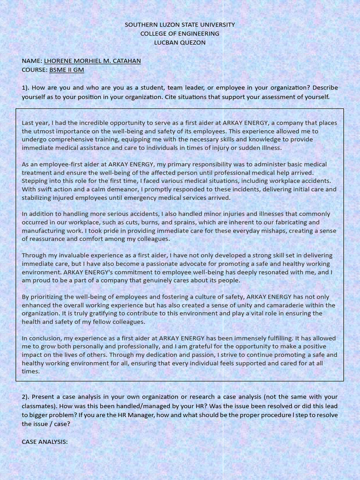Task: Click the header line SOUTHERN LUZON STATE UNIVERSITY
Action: pos(180,24)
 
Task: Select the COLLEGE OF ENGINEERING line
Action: pos(180,33)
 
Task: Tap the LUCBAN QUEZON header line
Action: pos(180,43)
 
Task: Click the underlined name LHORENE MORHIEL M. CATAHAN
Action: pos(92,61)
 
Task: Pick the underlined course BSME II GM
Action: pos(67,70)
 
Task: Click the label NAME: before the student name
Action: pos(32,61)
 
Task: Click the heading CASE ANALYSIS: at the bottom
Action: pos(45,442)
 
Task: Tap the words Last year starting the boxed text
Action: pos(35,123)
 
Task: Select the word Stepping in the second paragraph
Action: pos(35,181)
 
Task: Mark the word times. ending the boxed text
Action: pos(30,371)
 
